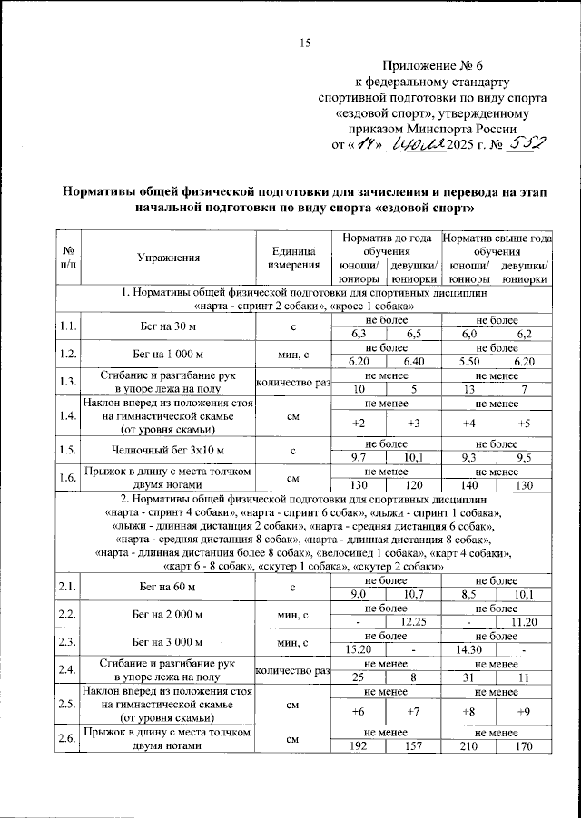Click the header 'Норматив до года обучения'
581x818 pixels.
[x=388, y=243]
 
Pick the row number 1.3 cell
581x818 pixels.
[x=67, y=382]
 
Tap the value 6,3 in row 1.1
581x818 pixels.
[x=358, y=335]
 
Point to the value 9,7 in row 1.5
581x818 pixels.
[x=358, y=458]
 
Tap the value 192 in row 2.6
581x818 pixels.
[x=358, y=746]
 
